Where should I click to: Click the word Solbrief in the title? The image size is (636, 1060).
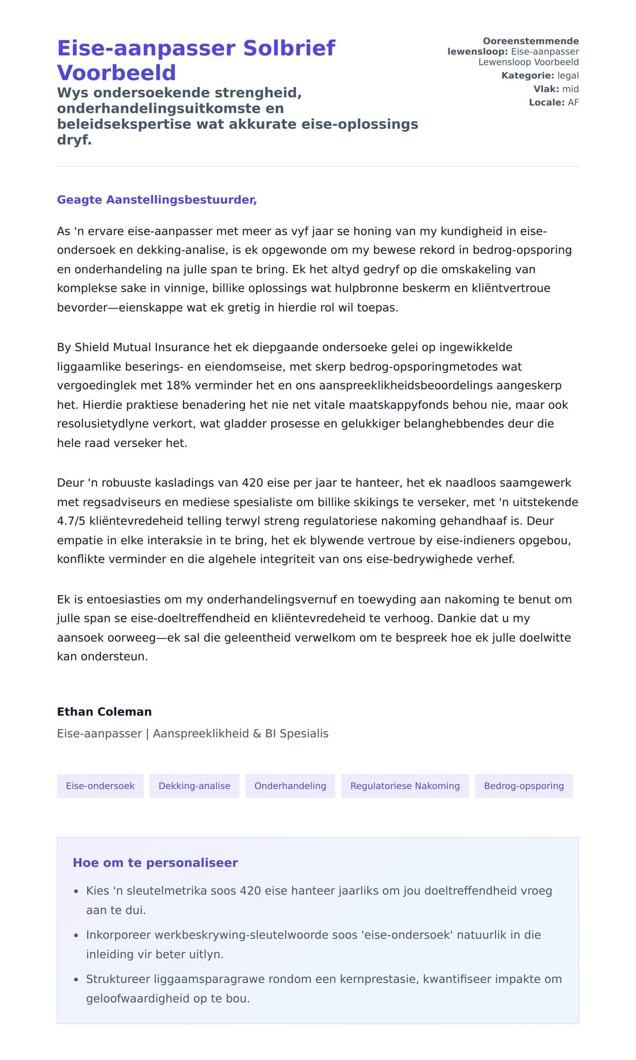pyautogui.click(x=289, y=48)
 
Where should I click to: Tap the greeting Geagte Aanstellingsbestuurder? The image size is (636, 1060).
pyautogui.click(x=157, y=200)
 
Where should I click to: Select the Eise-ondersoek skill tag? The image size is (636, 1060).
pyautogui.click(x=100, y=786)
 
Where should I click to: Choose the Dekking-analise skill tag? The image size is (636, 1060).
pyautogui.click(x=195, y=786)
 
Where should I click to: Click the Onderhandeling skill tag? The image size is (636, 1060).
pyautogui.click(x=290, y=786)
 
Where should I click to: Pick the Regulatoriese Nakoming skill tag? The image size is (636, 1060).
pyautogui.click(x=405, y=786)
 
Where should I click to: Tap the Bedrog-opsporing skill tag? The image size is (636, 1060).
pyautogui.click(x=524, y=786)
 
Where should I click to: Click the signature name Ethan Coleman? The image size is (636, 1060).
pyautogui.click(x=104, y=712)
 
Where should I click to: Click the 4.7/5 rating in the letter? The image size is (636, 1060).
pyautogui.click(x=71, y=521)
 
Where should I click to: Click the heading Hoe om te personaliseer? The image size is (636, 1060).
pyautogui.click(x=155, y=863)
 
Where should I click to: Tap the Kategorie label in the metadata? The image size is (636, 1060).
pyautogui.click(x=527, y=76)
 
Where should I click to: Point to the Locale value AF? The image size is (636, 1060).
pyautogui.click(x=573, y=102)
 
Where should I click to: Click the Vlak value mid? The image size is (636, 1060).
pyautogui.click(x=570, y=89)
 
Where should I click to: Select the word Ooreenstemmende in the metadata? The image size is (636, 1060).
pyautogui.click(x=531, y=41)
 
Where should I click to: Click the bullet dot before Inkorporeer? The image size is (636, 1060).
pyautogui.click(x=76, y=936)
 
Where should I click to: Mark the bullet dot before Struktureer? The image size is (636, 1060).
pyautogui.click(x=76, y=980)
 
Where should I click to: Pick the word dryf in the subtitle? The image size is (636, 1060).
pyautogui.click(x=74, y=140)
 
